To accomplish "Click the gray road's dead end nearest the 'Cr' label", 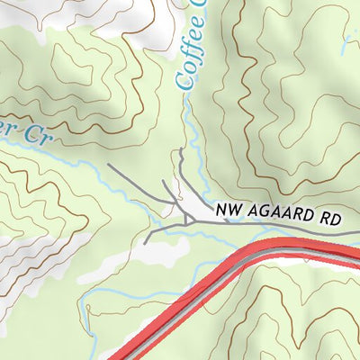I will (109, 165).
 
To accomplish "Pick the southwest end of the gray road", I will (145, 243).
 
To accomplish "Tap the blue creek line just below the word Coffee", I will (186, 112).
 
